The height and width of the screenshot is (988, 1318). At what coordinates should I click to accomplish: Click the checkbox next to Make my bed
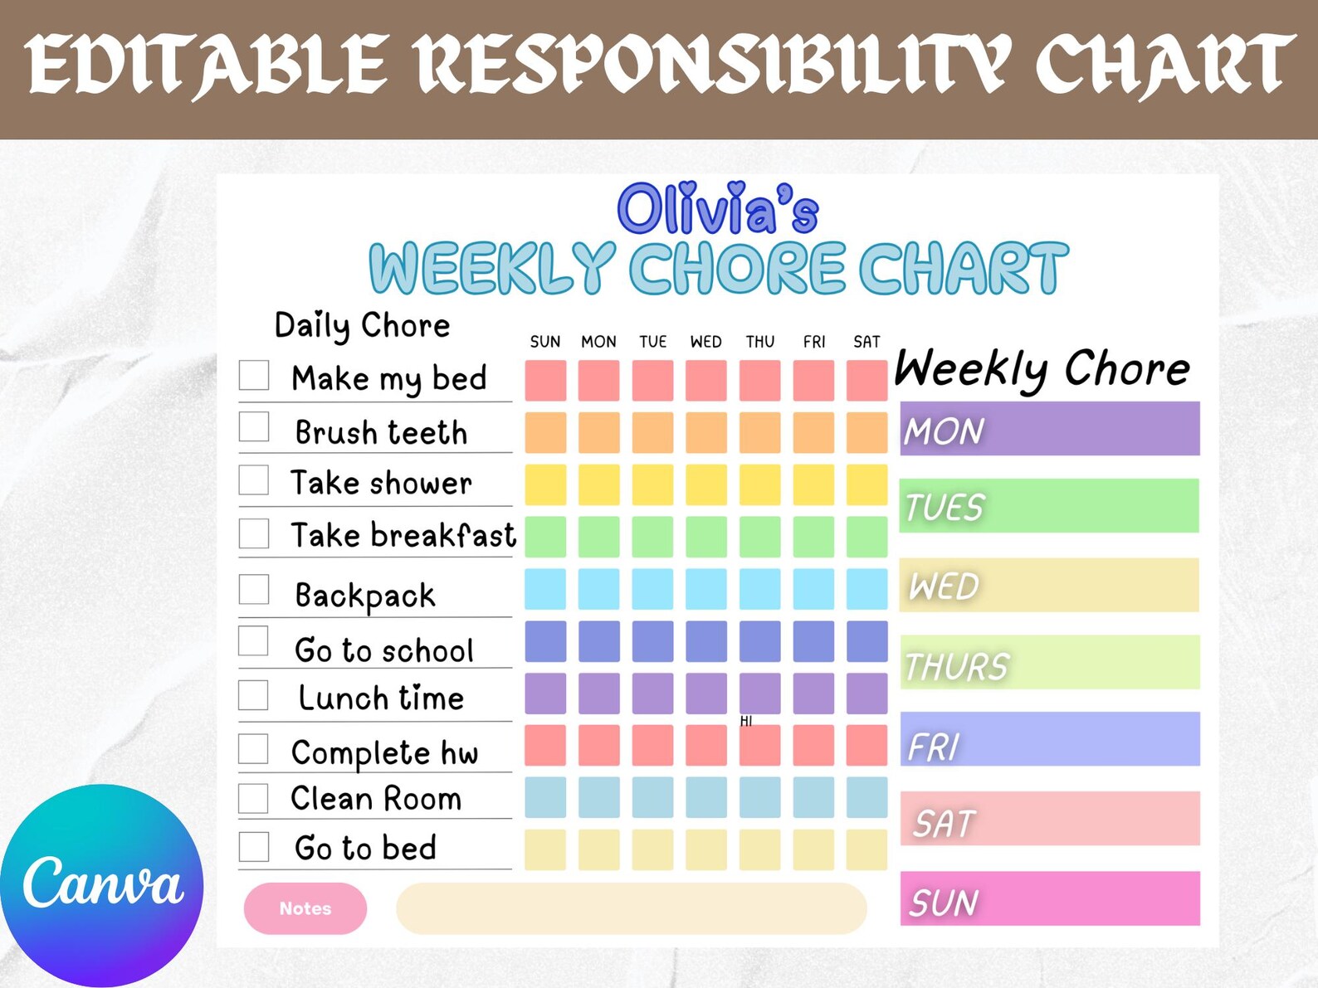(x=254, y=375)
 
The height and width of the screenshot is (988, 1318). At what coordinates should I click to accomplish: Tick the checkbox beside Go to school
(x=254, y=641)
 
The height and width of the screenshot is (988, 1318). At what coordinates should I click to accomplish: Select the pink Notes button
(x=305, y=908)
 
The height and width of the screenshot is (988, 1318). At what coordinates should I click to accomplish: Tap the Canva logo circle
(x=101, y=885)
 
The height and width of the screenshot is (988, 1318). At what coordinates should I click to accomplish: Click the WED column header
(x=705, y=342)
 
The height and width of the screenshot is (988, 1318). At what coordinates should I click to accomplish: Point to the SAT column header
(x=866, y=342)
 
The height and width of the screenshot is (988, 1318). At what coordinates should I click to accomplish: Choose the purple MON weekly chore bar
(x=1050, y=429)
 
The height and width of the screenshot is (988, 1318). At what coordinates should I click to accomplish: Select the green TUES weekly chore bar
(x=1050, y=506)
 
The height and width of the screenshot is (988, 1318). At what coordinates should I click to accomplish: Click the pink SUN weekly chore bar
(x=1050, y=898)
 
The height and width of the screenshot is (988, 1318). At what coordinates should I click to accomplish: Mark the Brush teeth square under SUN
(x=545, y=432)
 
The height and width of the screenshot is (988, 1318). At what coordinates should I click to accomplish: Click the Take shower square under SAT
(x=866, y=484)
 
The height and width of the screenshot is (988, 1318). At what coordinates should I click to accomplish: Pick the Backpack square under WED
(x=705, y=589)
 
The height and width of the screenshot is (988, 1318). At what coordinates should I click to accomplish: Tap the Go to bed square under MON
(x=598, y=849)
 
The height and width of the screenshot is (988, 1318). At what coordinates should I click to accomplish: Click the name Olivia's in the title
(x=718, y=208)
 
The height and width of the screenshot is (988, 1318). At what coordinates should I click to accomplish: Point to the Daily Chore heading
(x=362, y=326)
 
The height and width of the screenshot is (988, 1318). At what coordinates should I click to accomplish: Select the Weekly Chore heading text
(x=1042, y=368)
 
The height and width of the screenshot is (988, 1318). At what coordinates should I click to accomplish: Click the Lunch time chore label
(x=381, y=698)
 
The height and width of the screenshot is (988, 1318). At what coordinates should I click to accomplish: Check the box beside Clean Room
(x=254, y=798)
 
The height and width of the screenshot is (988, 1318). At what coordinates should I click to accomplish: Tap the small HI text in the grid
(x=746, y=721)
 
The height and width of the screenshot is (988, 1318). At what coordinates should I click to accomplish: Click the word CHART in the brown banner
(x=1164, y=65)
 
